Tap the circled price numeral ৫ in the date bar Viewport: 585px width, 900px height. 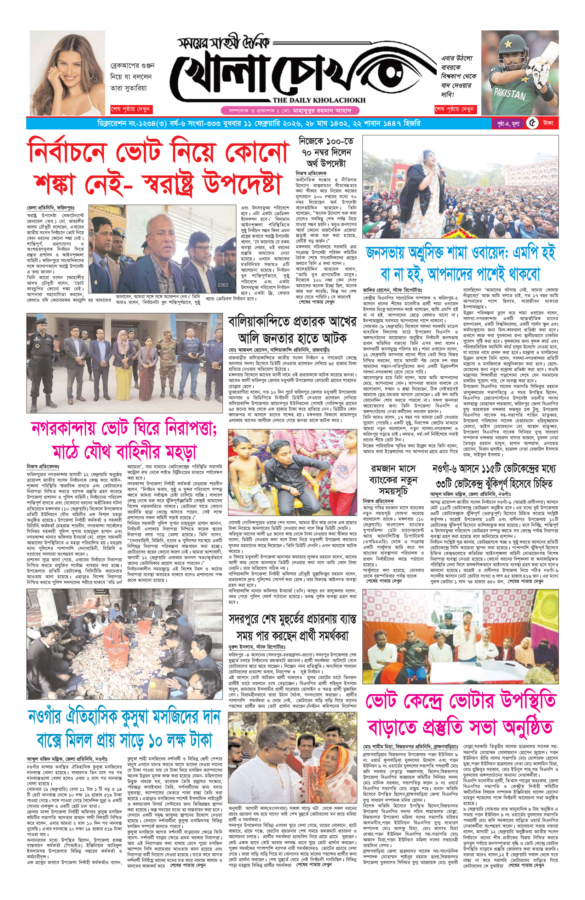coord(532,123)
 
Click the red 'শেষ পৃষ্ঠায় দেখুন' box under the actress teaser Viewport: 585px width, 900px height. coord(131,109)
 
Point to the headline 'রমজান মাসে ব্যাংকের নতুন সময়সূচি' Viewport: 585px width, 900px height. coord(394,480)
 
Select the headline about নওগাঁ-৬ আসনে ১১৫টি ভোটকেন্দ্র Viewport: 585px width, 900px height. coord(494,476)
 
